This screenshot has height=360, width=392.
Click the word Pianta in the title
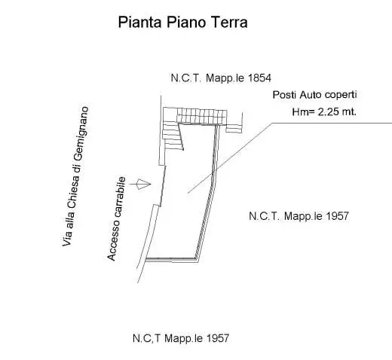[139, 23]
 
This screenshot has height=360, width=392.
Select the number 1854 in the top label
[259, 78]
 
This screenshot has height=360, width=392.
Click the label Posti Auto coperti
[315, 95]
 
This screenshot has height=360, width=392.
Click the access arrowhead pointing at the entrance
[143, 184]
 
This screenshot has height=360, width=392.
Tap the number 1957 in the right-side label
[337, 216]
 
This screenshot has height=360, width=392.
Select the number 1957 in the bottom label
[217, 338]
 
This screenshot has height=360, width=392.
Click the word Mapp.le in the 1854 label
[225, 78]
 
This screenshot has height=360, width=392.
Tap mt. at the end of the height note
[349, 112]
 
